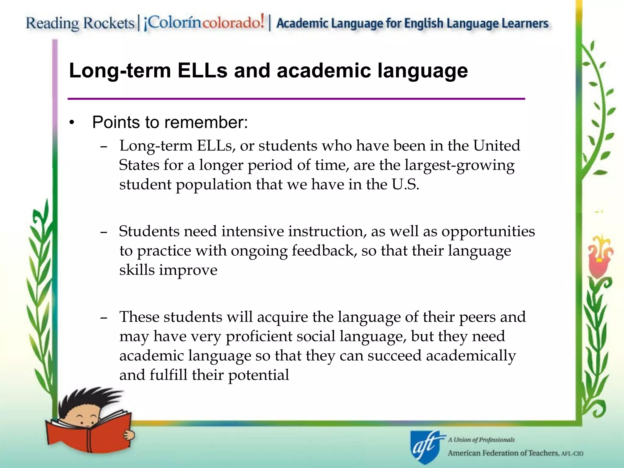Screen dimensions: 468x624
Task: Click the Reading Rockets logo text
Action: (80, 23)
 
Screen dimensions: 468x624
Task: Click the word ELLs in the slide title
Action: (202, 71)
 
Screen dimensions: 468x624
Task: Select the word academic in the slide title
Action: (324, 71)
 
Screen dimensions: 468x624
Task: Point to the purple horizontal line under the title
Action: (296, 99)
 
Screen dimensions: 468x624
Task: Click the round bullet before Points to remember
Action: (72, 123)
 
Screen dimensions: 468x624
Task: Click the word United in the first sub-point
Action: (496, 146)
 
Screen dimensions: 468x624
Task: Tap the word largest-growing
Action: (459, 165)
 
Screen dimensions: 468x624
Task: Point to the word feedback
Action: (324, 251)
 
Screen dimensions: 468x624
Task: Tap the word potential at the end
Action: (258, 375)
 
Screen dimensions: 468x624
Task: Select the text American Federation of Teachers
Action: (503, 453)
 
